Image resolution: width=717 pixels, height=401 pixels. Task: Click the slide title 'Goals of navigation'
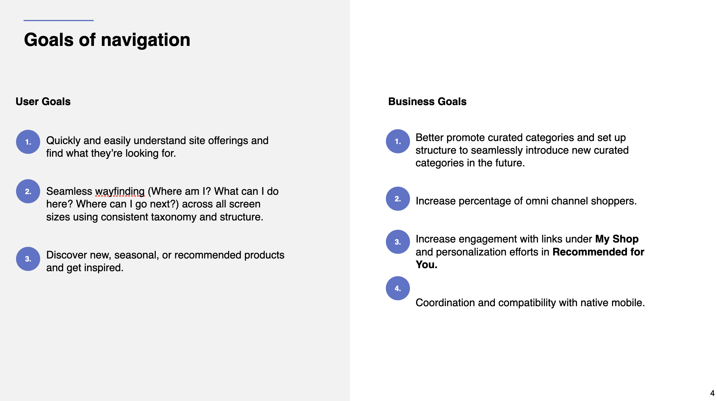(x=107, y=40)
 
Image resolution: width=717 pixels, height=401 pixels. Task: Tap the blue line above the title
(x=59, y=21)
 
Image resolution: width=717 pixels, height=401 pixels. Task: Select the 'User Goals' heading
(x=43, y=101)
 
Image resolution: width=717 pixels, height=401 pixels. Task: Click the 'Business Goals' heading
(x=427, y=101)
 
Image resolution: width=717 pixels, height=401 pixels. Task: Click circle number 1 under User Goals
(x=28, y=142)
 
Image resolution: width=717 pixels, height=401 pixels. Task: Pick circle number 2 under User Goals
(x=28, y=191)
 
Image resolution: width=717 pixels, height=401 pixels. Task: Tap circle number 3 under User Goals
(x=28, y=259)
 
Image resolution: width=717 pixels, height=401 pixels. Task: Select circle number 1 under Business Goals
(x=398, y=141)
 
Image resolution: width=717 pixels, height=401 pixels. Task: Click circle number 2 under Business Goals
(x=398, y=199)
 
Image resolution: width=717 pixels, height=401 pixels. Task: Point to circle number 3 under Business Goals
(x=398, y=242)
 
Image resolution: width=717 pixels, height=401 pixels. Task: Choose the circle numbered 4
(x=398, y=288)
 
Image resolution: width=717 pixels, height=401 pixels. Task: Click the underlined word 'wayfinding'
(x=120, y=192)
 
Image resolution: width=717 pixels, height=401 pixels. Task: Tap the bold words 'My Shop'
(x=617, y=239)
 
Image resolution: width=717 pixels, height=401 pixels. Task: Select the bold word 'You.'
(x=427, y=265)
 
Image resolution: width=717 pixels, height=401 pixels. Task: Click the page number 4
(x=712, y=393)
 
